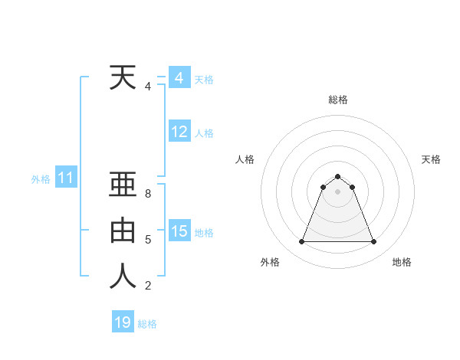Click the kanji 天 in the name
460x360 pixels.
click(x=123, y=77)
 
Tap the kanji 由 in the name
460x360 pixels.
click(x=123, y=231)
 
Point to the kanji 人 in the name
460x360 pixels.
click(x=123, y=277)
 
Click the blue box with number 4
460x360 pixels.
click(x=179, y=78)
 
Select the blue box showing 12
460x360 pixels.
click(x=179, y=132)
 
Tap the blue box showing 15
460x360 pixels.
click(x=179, y=231)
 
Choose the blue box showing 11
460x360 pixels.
click(x=65, y=178)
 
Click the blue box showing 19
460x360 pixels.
click(x=123, y=322)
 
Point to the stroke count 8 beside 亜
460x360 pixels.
click(x=147, y=194)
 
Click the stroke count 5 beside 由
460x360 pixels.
click(x=147, y=240)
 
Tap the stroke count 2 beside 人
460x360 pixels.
click(x=147, y=286)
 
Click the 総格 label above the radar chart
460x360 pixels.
click(x=337, y=100)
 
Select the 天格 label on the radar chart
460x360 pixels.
click(x=431, y=159)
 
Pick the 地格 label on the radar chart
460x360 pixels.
click(x=402, y=262)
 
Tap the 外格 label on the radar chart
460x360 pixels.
click(x=270, y=262)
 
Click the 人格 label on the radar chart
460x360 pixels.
click(x=245, y=159)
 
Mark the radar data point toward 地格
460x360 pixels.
click(x=373, y=242)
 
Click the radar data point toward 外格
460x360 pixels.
click(x=301, y=242)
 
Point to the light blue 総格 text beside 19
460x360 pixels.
click(x=147, y=324)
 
